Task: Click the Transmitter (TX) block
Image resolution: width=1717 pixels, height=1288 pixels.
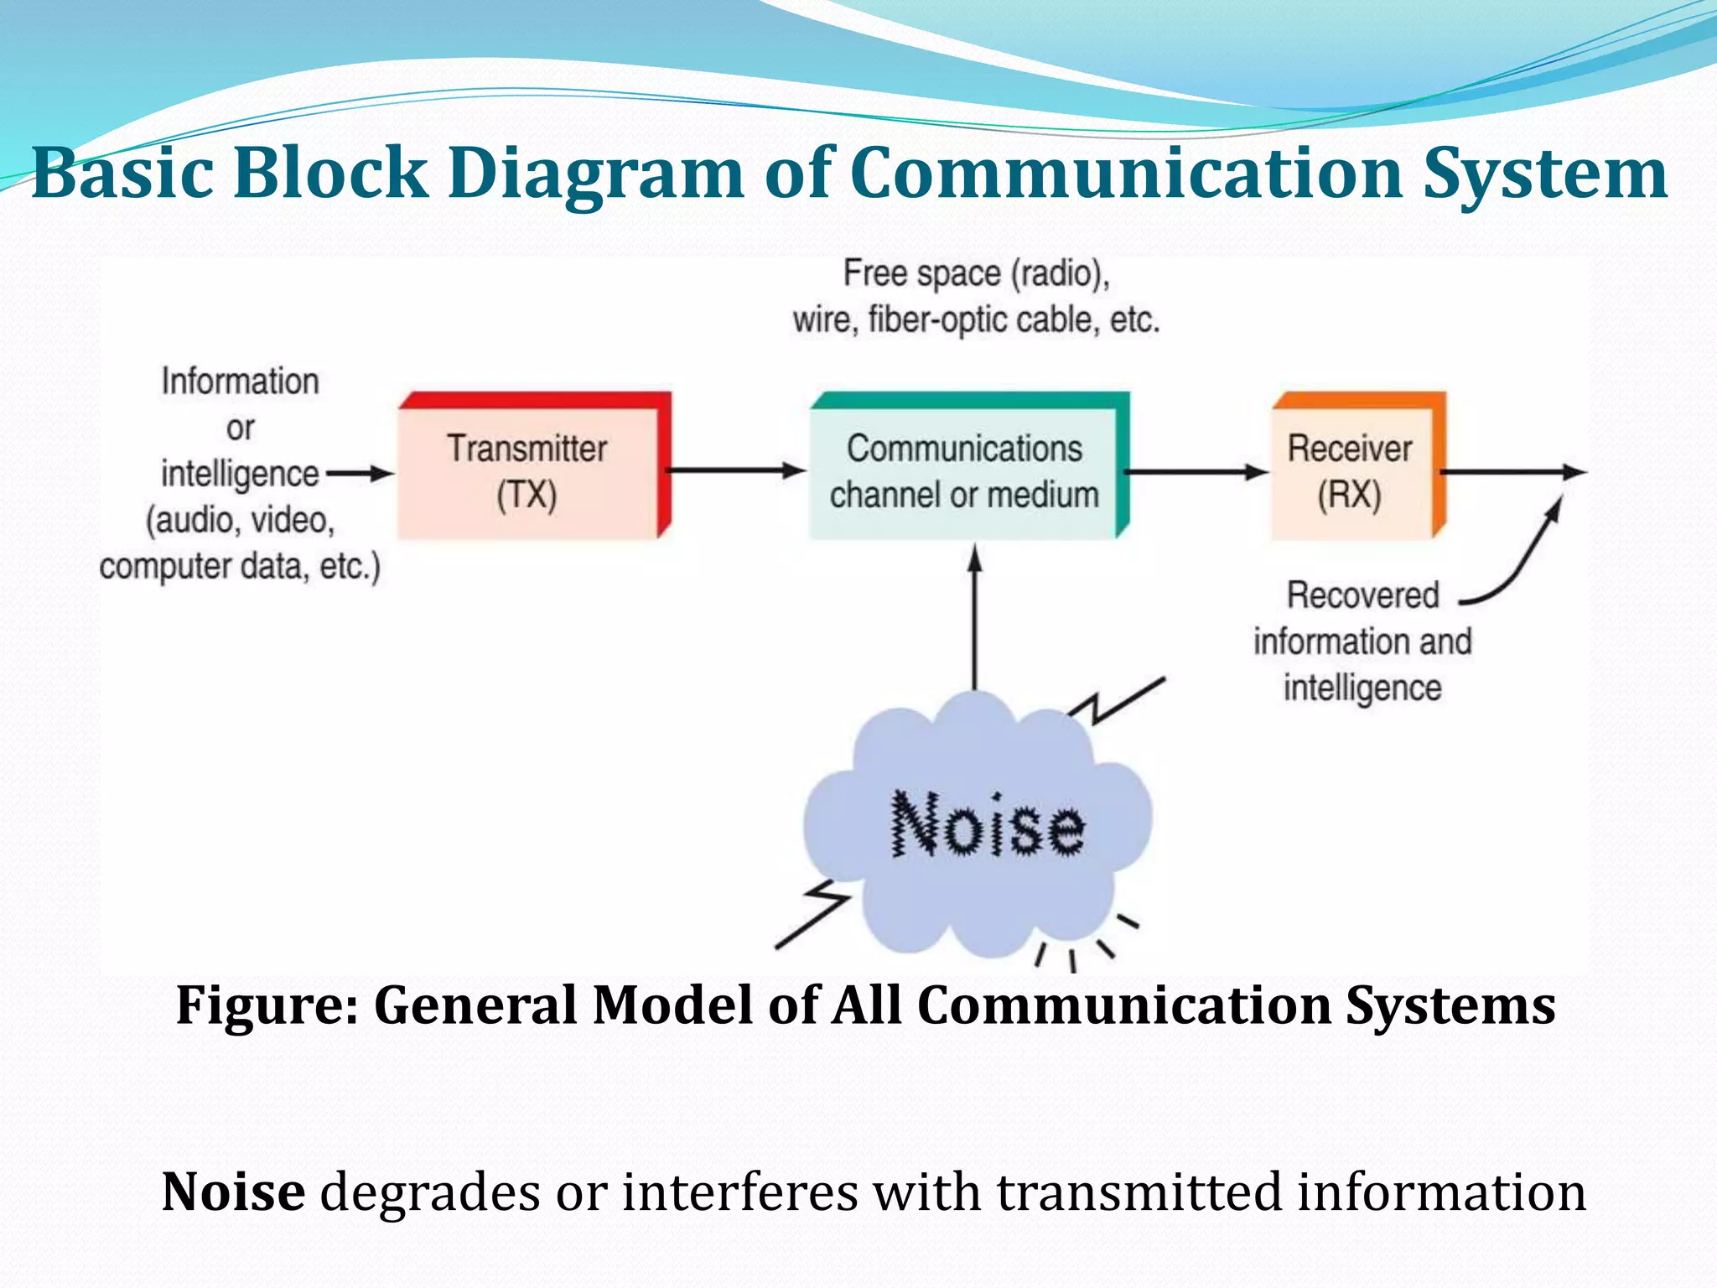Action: coord(528,470)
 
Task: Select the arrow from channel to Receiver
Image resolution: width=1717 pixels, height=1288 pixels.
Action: coord(1196,472)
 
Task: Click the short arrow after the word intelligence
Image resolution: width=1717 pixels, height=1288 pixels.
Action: coord(359,474)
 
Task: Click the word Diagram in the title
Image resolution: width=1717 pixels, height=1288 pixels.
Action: coord(596,173)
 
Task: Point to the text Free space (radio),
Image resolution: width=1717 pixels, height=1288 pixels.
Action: coord(976,274)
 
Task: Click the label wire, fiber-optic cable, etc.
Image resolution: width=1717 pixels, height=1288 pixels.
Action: coord(976,320)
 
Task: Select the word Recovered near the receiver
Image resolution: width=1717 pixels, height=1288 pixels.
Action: coord(1362,595)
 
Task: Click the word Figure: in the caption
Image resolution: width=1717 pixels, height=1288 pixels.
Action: coord(267,1005)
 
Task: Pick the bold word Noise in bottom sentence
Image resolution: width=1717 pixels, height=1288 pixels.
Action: coord(233,1192)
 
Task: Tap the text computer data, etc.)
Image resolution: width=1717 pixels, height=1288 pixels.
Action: coord(240,567)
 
